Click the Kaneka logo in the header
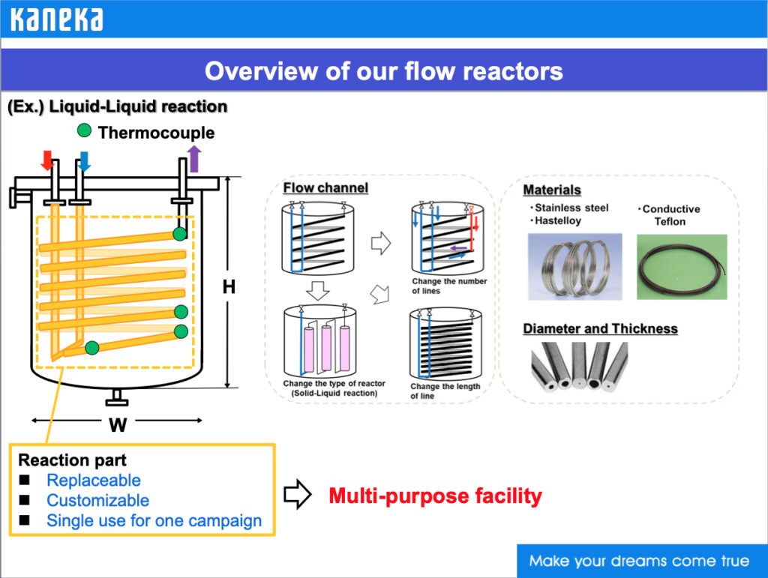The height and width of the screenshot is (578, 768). [56, 19]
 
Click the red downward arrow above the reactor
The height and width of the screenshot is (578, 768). [47, 160]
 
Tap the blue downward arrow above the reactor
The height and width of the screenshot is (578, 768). [84, 160]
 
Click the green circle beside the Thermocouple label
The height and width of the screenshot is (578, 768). [85, 131]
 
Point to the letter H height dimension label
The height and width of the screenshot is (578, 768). [229, 286]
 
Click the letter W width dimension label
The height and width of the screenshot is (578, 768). [118, 425]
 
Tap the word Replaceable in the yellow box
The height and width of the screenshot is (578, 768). [93, 481]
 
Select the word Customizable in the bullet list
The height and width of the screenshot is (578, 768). [97, 501]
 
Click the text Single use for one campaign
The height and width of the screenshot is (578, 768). [154, 521]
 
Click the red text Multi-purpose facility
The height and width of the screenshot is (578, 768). [435, 496]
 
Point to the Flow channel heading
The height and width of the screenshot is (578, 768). [325, 187]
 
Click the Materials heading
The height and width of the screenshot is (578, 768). [552, 190]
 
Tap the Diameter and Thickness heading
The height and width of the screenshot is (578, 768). [600, 328]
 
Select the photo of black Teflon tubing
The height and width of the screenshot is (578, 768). [682, 267]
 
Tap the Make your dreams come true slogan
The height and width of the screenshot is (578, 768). [639, 561]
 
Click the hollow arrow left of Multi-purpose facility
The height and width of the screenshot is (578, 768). [298, 496]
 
